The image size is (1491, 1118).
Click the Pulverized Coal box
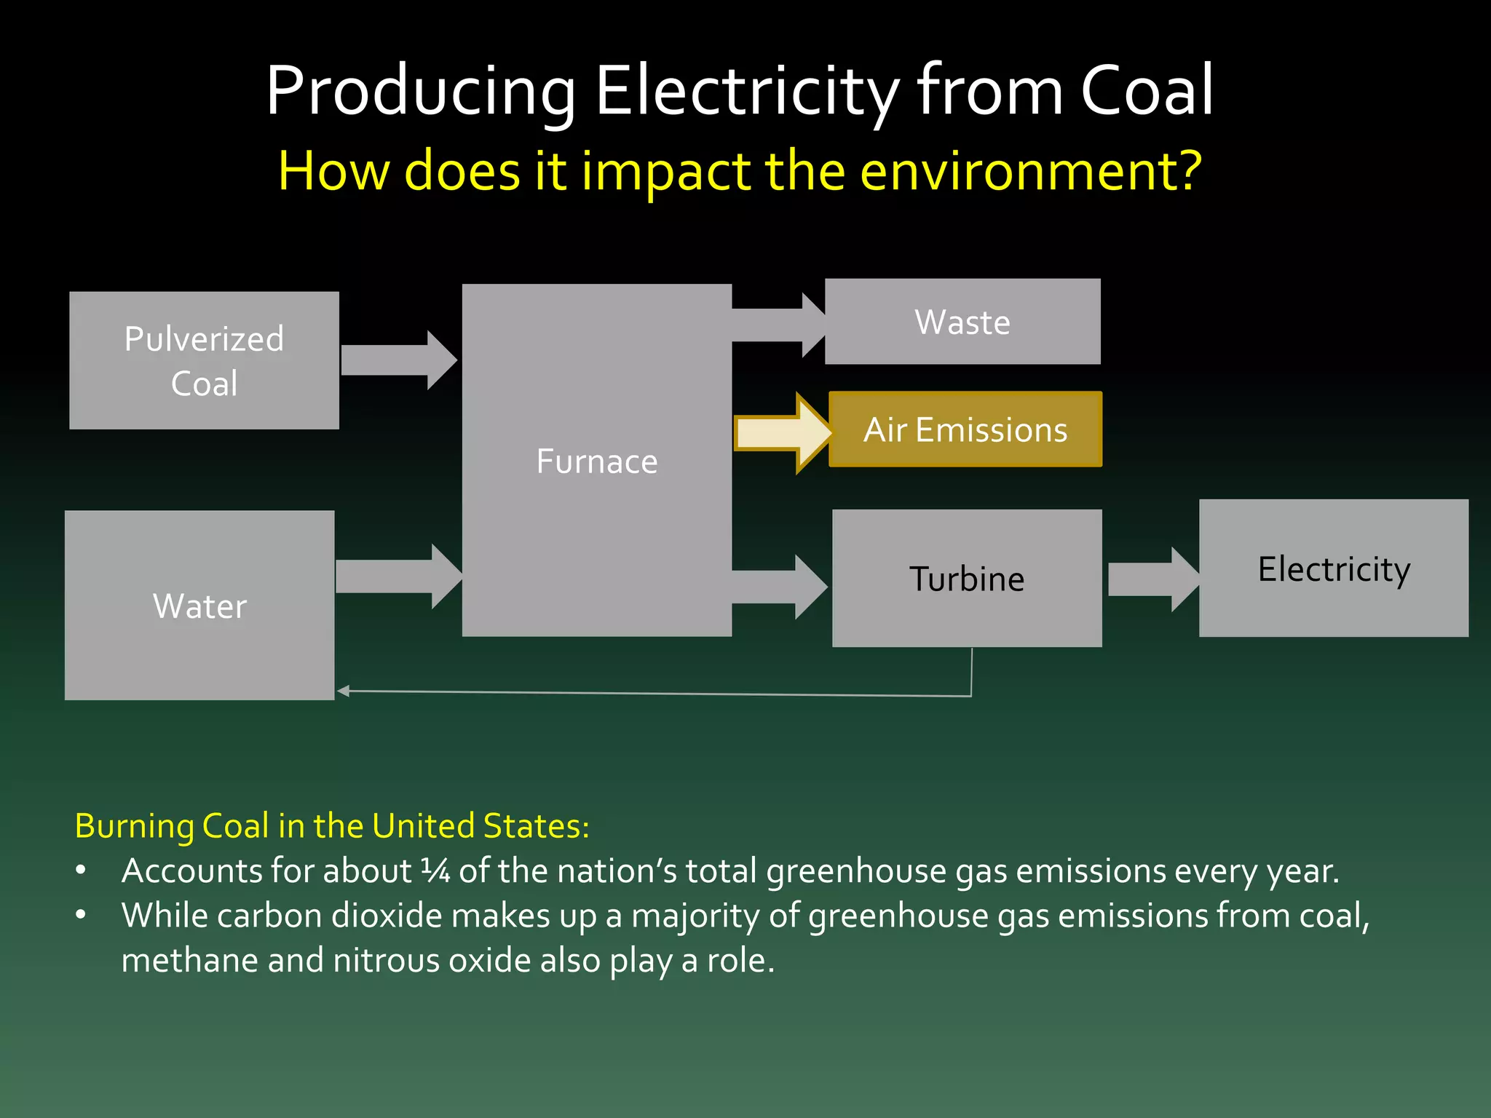[204, 360]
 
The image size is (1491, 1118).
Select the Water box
[199, 605]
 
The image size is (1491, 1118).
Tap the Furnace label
[597, 461]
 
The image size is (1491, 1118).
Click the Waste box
[962, 322]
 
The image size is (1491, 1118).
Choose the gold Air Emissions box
[965, 429]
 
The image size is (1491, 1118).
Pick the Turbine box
[967, 579]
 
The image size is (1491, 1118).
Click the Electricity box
[1334, 568]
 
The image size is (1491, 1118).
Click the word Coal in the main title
[1147, 90]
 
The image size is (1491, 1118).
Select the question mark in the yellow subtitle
[1189, 171]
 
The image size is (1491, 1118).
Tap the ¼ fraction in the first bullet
[435, 871]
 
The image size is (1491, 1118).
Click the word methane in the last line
[189, 961]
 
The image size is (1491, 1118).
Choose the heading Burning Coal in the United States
[332, 826]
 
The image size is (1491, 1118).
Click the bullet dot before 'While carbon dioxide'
[81, 915]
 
